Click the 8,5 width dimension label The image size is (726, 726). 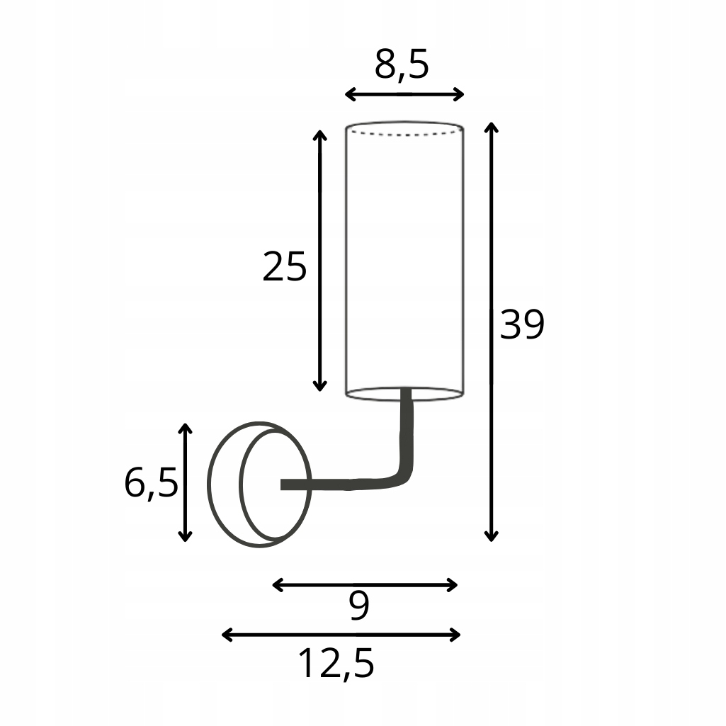[402, 65]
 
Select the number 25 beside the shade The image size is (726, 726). [284, 267]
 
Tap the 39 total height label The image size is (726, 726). [522, 325]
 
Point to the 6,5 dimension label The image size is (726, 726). [150, 484]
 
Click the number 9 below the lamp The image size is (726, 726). [360, 607]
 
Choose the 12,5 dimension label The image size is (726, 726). [335, 664]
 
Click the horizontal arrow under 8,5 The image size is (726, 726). [404, 94]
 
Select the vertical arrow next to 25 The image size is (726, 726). [320, 260]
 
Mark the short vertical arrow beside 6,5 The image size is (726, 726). [185, 482]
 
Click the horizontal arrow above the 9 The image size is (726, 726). [365, 584]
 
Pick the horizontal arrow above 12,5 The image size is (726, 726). [341, 635]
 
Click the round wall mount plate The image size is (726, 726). [259, 484]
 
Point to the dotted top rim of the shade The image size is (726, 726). [404, 132]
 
